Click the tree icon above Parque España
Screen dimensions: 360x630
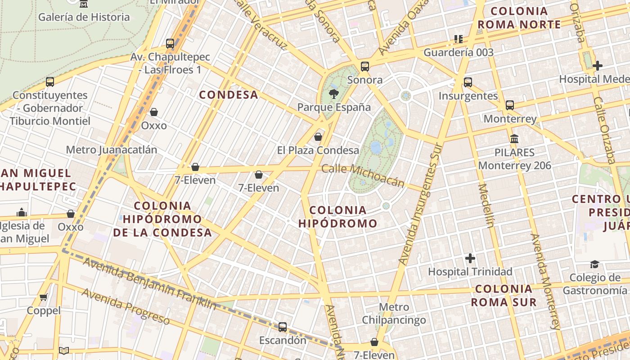[333, 94]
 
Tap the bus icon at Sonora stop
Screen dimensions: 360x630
[365, 67]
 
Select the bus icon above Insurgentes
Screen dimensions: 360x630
[468, 82]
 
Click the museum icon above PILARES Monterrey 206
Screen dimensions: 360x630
[514, 139]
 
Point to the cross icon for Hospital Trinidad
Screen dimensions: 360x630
[470, 258]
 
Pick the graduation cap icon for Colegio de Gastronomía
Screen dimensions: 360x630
[595, 264]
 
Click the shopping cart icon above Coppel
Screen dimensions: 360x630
[44, 297]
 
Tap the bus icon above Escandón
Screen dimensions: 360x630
[283, 327]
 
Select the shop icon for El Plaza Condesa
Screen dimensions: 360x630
[318, 137]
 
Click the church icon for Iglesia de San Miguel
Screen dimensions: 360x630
[21, 212]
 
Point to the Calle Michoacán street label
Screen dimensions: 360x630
[363, 175]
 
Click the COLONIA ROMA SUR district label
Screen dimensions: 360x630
[504, 295]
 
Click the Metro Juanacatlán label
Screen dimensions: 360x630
[112, 150]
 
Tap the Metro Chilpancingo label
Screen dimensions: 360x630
[394, 314]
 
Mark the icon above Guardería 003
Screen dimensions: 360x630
[459, 39]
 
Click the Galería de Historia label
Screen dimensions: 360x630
[84, 17]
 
